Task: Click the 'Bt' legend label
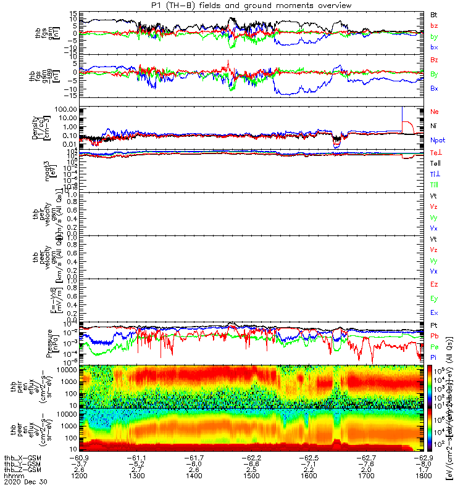coord(434,14)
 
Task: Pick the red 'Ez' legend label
coord(434,285)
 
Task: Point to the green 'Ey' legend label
coord(434,299)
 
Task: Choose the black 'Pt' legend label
coord(434,325)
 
